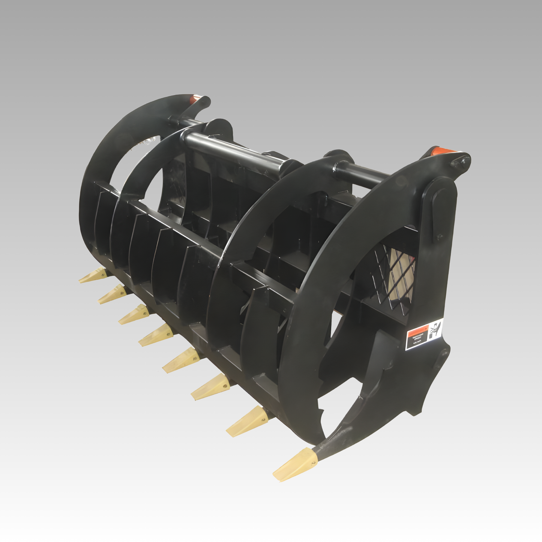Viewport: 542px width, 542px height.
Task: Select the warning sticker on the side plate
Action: [x=425, y=335]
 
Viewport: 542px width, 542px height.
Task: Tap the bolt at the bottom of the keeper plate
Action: [x=439, y=237]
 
